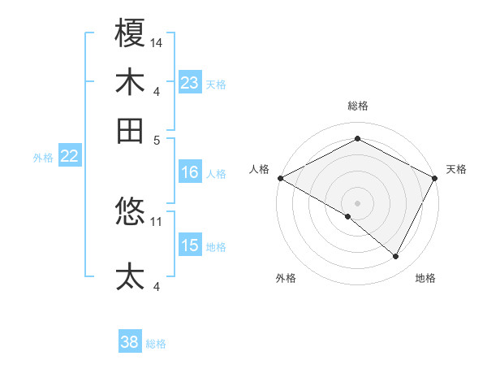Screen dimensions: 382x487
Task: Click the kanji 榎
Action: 130,35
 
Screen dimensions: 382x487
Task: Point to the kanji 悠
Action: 130,213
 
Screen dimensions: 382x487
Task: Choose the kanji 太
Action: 130,276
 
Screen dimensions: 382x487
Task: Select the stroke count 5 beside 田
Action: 156,138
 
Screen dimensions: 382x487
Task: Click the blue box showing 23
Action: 190,83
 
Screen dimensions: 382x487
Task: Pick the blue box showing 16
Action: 190,172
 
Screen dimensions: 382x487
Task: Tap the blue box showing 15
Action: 190,245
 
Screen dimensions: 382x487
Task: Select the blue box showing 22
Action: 69,157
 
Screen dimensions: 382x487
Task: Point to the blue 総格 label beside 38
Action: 157,344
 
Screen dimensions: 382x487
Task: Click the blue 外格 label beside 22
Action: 43,158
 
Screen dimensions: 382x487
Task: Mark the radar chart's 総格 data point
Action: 357,139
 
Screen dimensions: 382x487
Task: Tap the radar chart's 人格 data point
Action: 280,178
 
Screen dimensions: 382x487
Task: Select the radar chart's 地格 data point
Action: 396,257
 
